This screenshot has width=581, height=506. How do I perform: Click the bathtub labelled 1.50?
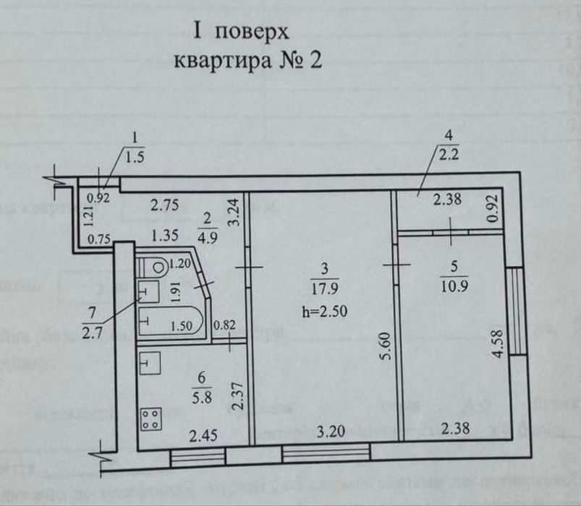[x=172, y=322]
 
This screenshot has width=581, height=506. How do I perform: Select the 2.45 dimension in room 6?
[x=203, y=435]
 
